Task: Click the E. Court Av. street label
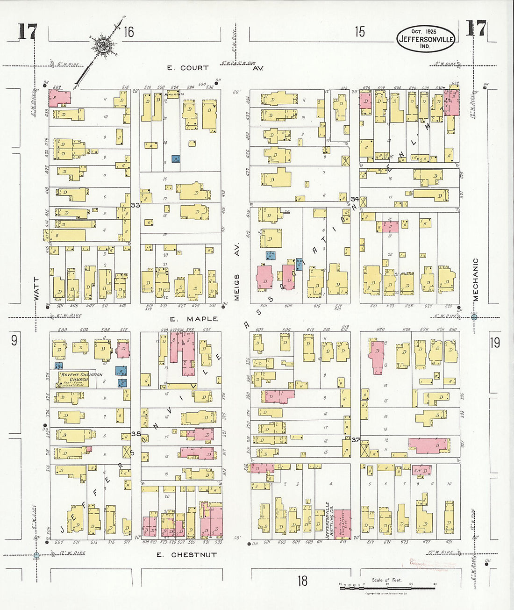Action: click(x=214, y=68)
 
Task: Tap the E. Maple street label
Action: click(x=193, y=319)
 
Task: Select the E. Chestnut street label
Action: click(x=186, y=555)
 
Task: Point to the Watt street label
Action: click(x=36, y=288)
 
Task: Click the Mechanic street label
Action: click(x=476, y=280)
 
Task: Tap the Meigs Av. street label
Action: click(x=236, y=271)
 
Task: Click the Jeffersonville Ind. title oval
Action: click(x=425, y=39)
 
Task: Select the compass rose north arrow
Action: click(x=101, y=45)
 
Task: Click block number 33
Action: click(x=136, y=205)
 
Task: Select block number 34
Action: click(x=355, y=199)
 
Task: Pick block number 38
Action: click(x=136, y=434)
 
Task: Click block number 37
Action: click(x=356, y=439)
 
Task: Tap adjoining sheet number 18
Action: click(x=302, y=581)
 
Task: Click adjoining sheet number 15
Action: click(x=359, y=32)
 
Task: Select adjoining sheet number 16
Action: click(x=129, y=32)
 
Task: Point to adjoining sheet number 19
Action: click(x=495, y=343)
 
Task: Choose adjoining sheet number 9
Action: click(x=14, y=340)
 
